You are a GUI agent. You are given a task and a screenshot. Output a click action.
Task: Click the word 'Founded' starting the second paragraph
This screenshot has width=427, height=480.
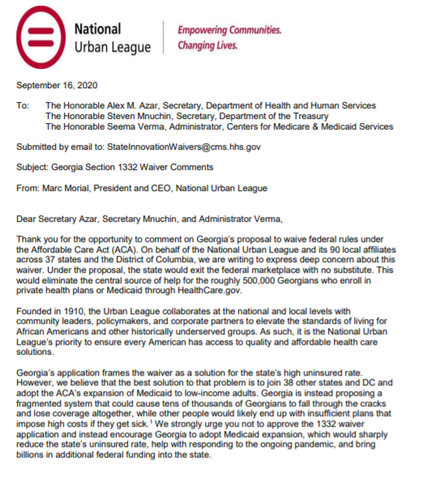pos(36,304)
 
